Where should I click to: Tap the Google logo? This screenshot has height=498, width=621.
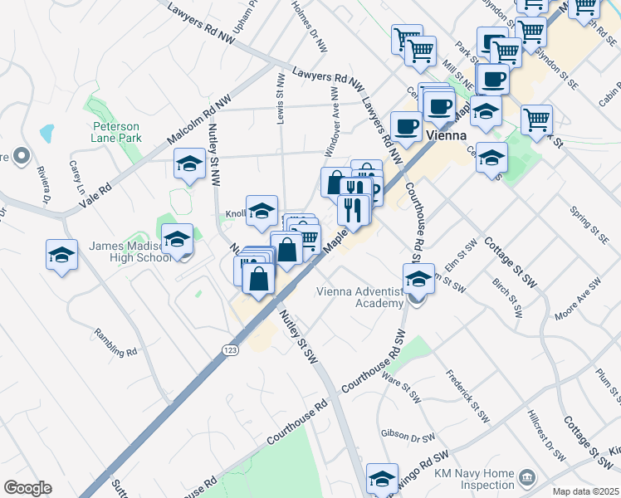click(x=27, y=487)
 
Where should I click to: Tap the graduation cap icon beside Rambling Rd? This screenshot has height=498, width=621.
click(x=61, y=254)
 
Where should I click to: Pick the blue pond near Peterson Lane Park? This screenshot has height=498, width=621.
click(x=46, y=132)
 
